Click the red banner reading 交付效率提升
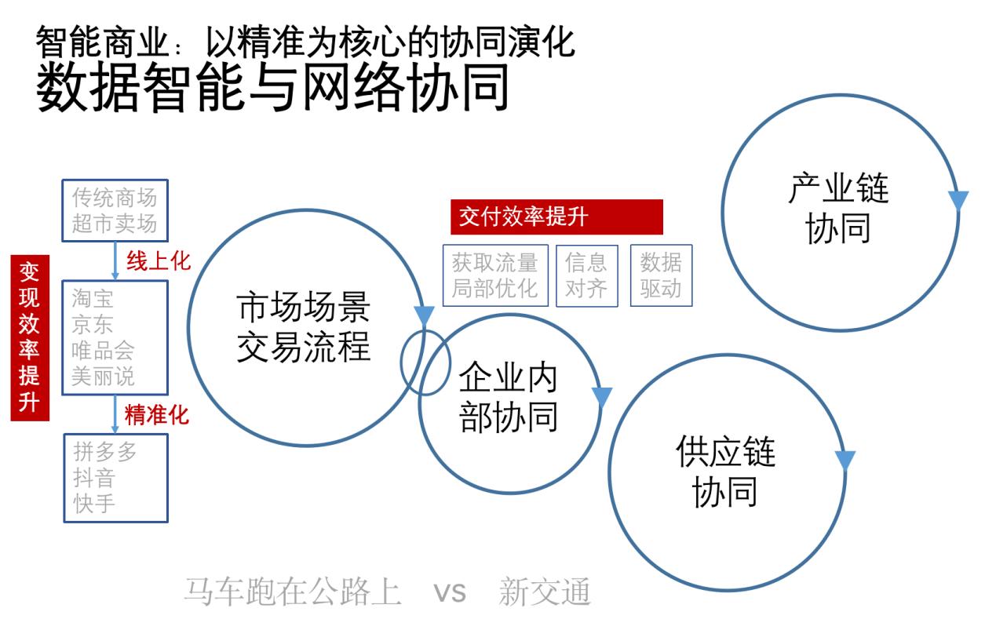[x=556, y=217]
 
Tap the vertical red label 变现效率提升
[x=30, y=338]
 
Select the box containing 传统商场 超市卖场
[x=115, y=211]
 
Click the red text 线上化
[x=159, y=261]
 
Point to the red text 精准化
[x=157, y=415]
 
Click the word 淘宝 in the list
[x=93, y=298]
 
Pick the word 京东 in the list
[x=93, y=325]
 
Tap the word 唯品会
[x=103, y=351]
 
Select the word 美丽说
[x=103, y=377]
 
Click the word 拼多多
[x=105, y=452]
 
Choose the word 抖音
[x=94, y=478]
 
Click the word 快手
[x=94, y=504]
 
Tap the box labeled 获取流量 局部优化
[x=495, y=275]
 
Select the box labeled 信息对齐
[x=587, y=275]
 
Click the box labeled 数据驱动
[x=661, y=275]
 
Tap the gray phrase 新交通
[x=545, y=592]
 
